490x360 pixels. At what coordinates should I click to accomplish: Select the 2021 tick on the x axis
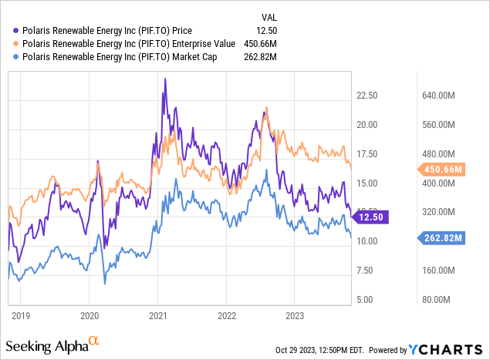(x=159, y=315)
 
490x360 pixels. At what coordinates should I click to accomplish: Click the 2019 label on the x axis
(x=22, y=315)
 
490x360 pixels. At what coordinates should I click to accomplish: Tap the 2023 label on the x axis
(x=295, y=315)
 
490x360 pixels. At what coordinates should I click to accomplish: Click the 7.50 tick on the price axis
(x=367, y=271)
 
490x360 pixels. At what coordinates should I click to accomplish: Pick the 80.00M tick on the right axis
(x=443, y=300)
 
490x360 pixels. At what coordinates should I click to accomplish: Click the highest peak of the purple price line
(x=164, y=92)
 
